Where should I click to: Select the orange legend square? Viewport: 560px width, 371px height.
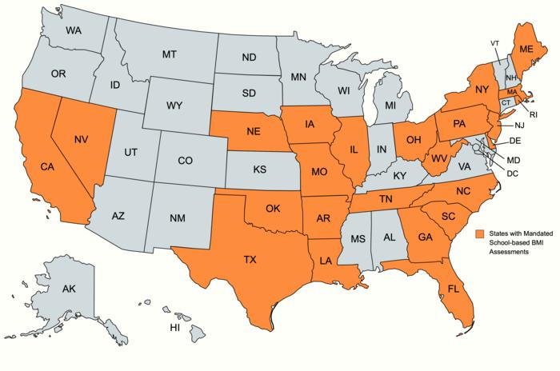[480, 233]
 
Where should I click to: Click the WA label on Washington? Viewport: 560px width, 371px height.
[74, 30]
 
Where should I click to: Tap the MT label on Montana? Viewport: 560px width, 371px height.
[169, 54]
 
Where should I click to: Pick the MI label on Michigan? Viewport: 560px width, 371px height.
[390, 105]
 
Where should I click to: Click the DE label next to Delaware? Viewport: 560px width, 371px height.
[515, 141]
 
